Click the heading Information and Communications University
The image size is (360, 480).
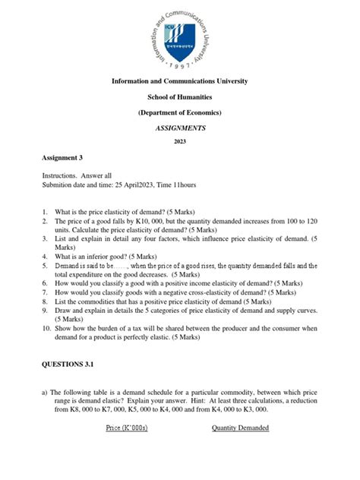point(180,81)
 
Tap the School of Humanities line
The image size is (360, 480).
point(180,97)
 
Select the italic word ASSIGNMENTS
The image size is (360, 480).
point(180,128)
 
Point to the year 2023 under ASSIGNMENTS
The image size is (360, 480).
point(180,142)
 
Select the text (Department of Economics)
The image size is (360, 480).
point(180,112)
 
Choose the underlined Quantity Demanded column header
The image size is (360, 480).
point(240,428)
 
